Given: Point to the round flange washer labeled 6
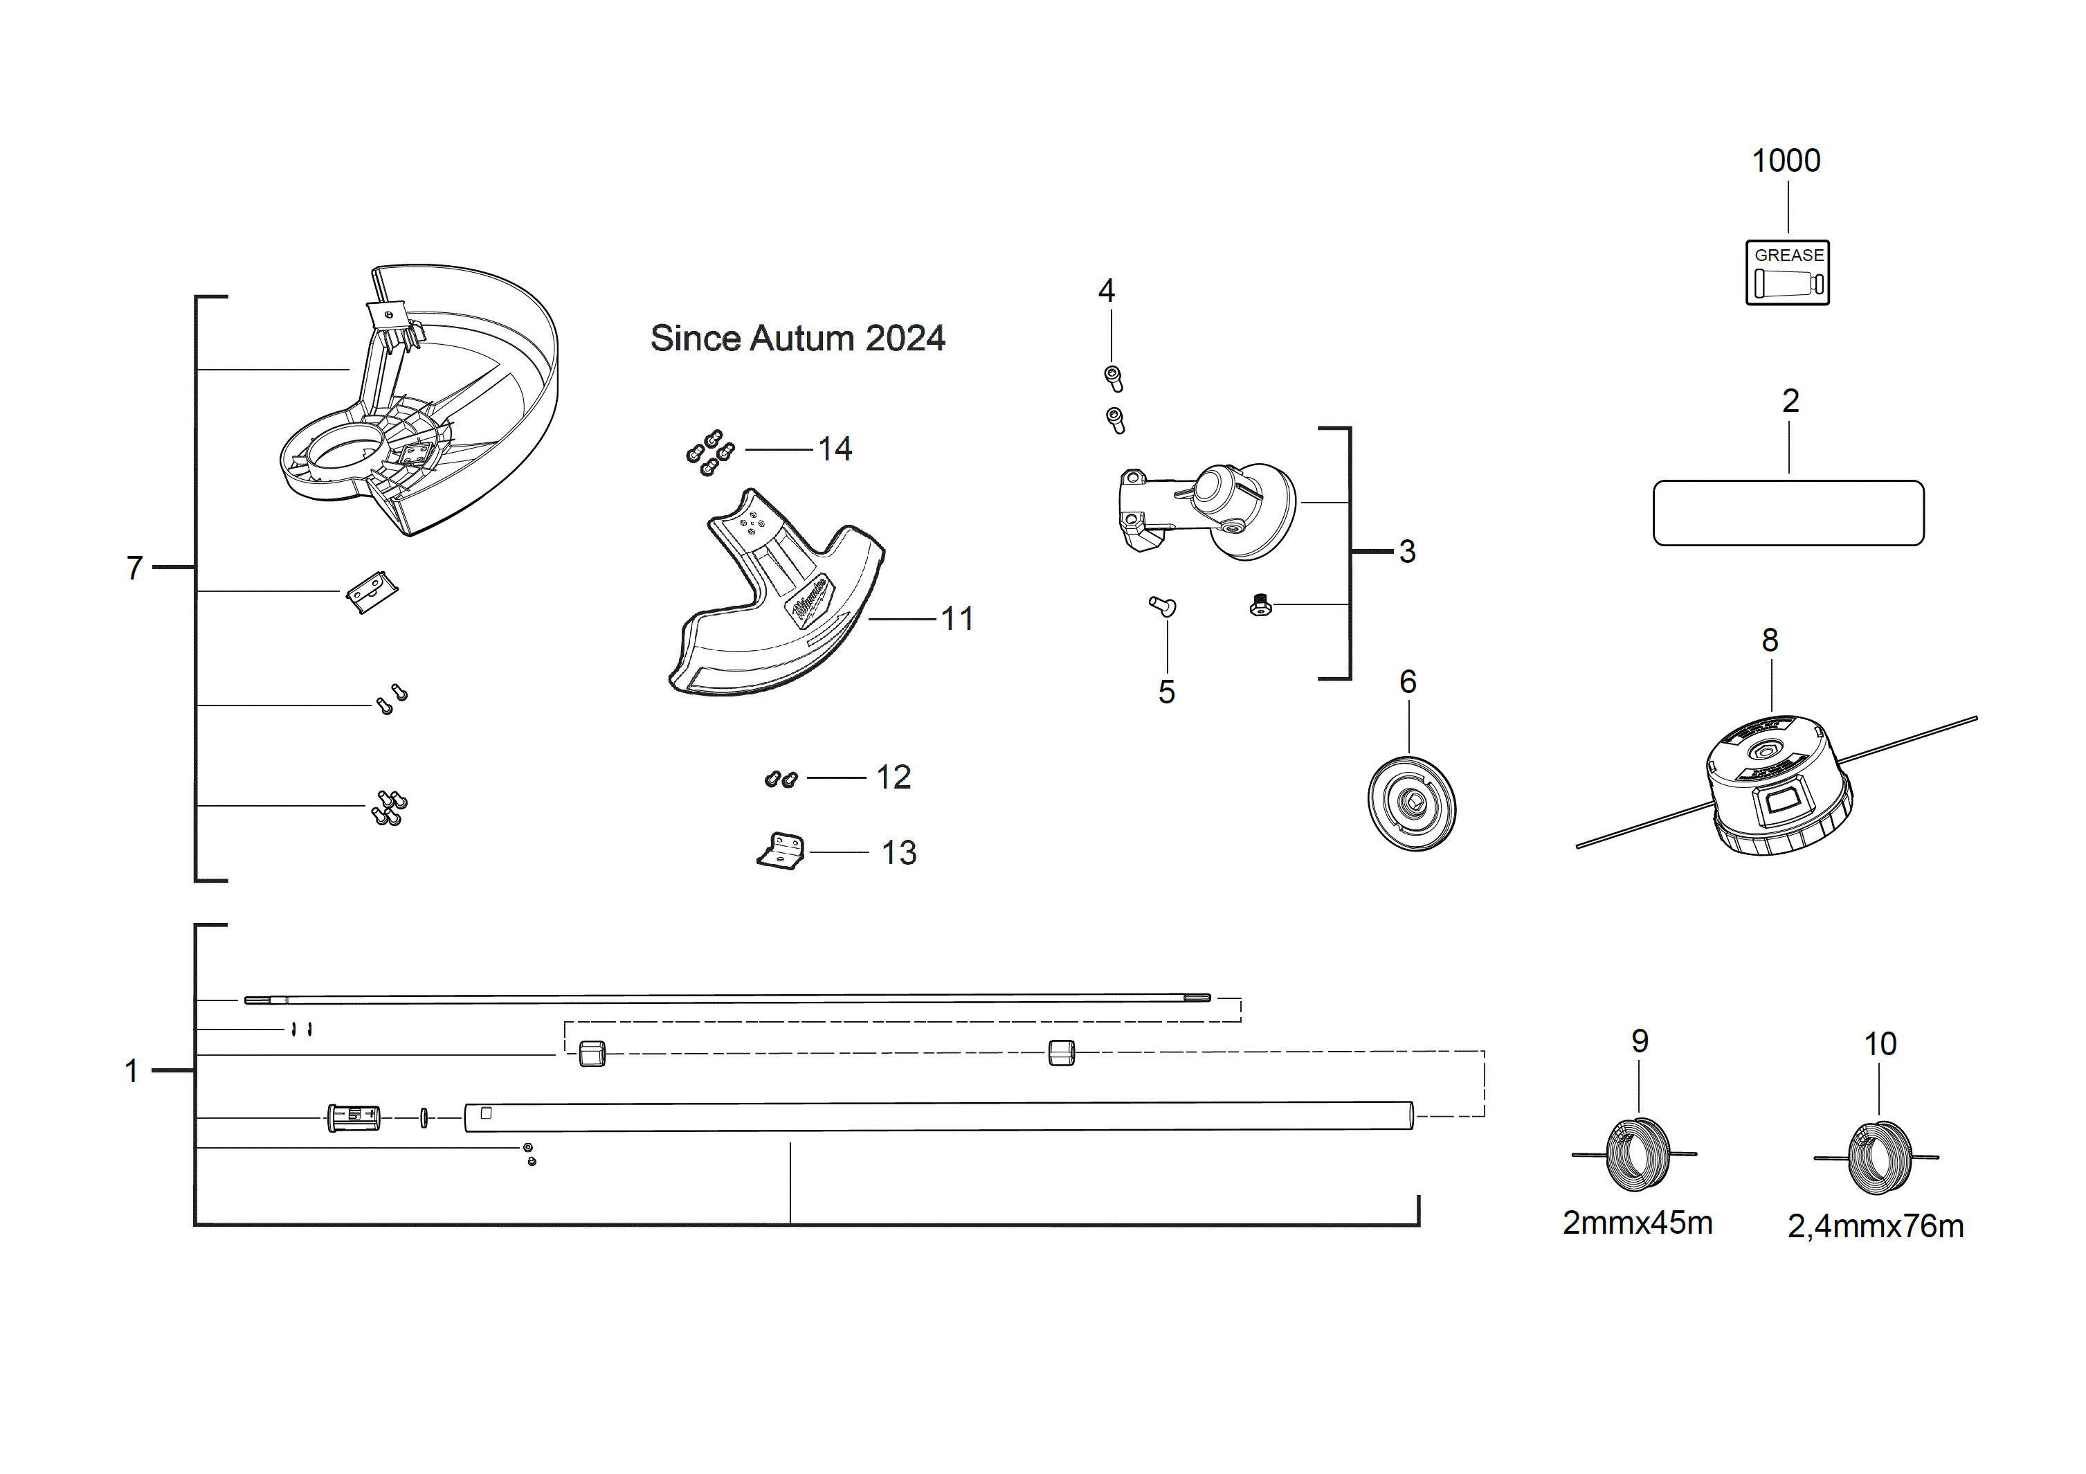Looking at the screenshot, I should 1411,803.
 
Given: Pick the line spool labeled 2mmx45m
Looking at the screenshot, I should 1638,1154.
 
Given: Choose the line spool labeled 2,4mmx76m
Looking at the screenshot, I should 1879,1158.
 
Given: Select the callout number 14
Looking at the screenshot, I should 834,449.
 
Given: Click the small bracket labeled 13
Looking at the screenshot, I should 782,852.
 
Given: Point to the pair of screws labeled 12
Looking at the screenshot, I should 781,779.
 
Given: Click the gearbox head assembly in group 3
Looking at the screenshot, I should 1208,509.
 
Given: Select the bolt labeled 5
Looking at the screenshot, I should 1162,606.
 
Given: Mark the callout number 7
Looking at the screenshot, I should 134,568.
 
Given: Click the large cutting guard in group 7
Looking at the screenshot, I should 427,400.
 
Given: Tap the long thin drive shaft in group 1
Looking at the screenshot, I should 727,999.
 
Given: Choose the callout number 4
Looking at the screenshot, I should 1106,291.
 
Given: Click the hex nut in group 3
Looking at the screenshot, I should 1260,605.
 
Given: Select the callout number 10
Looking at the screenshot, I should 1880,1043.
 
